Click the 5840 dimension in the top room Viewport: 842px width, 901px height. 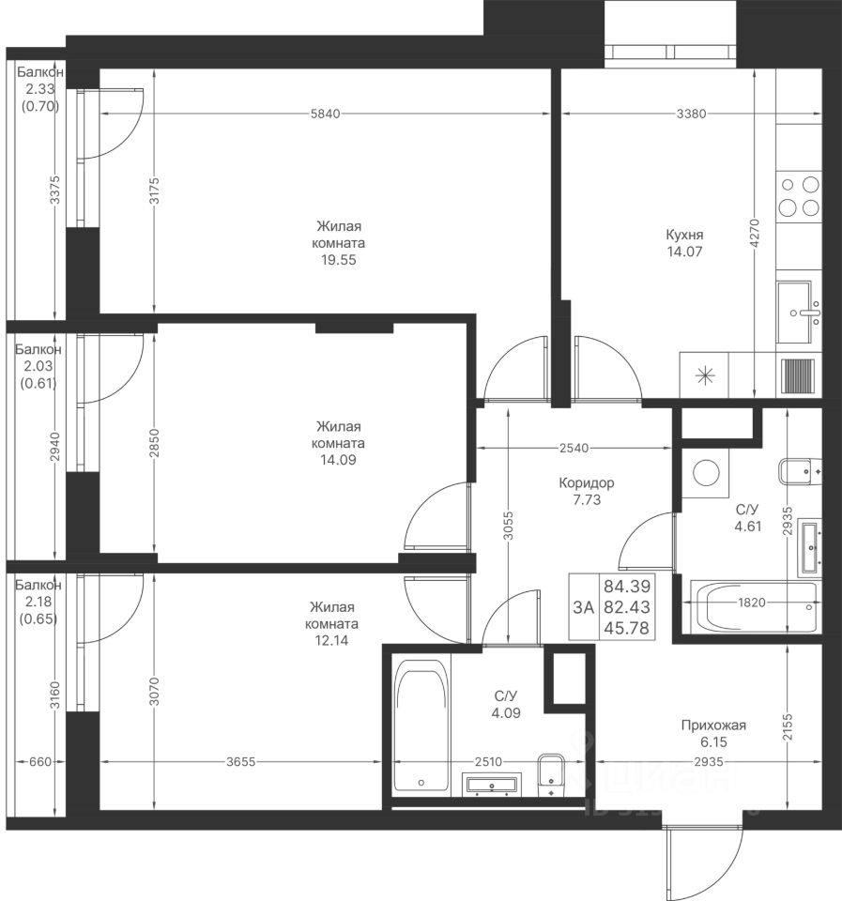point(326,114)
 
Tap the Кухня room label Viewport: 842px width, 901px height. point(684,235)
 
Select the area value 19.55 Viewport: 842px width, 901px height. point(339,260)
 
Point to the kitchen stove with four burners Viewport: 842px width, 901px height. point(799,196)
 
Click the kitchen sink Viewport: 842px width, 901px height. point(799,313)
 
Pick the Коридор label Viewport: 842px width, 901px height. point(587,483)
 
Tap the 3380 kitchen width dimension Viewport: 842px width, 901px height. point(691,114)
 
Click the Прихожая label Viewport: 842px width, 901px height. point(713,725)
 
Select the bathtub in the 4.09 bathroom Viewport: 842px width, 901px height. point(421,726)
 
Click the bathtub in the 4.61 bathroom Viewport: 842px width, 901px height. point(754,606)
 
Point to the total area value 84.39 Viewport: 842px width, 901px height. point(627,586)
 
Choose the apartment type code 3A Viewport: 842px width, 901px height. point(583,607)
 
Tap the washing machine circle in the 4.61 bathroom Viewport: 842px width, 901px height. point(707,472)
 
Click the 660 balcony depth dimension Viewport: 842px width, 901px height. point(39,762)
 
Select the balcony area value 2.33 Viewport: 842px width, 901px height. point(39,89)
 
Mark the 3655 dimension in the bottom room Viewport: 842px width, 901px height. point(241,762)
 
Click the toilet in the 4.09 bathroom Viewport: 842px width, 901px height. point(552,775)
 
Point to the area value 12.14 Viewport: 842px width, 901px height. point(331,640)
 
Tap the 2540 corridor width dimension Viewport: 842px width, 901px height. point(574,448)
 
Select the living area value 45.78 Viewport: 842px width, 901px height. point(627,628)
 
